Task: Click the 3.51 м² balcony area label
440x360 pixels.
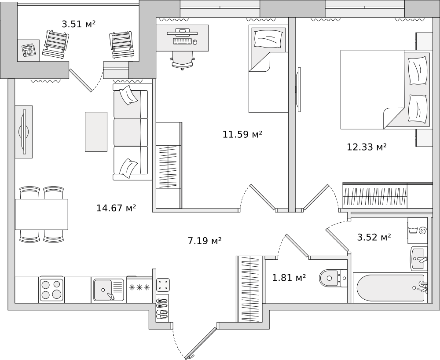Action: pyautogui.click(x=79, y=24)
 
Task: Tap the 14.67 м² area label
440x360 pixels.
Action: pyautogui.click(x=116, y=208)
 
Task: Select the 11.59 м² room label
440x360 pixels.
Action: pyautogui.click(x=242, y=134)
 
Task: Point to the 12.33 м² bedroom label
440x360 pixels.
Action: pyautogui.click(x=367, y=147)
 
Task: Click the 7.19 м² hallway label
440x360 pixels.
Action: pyautogui.click(x=205, y=240)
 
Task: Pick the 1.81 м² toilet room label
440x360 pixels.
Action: pyautogui.click(x=289, y=278)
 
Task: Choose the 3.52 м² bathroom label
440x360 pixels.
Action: pyautogui.click(x=374, y=237)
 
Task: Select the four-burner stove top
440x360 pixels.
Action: pyautogui.click(x=51, y=290)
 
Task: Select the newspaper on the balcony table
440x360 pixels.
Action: pyautogui.click(x=28, y=50)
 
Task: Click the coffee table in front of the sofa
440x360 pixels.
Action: pyautogui.click(x=96, y=132)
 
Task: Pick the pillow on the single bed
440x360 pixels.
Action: pyautogui.click(x=268, y=38)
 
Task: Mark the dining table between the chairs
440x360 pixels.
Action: pyautogui.click(x=41, y=214)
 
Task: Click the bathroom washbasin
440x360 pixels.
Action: pyautogui.click(x=419, y=258)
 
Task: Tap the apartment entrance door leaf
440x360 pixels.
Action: pyautogui.click(x=201, y=343)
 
